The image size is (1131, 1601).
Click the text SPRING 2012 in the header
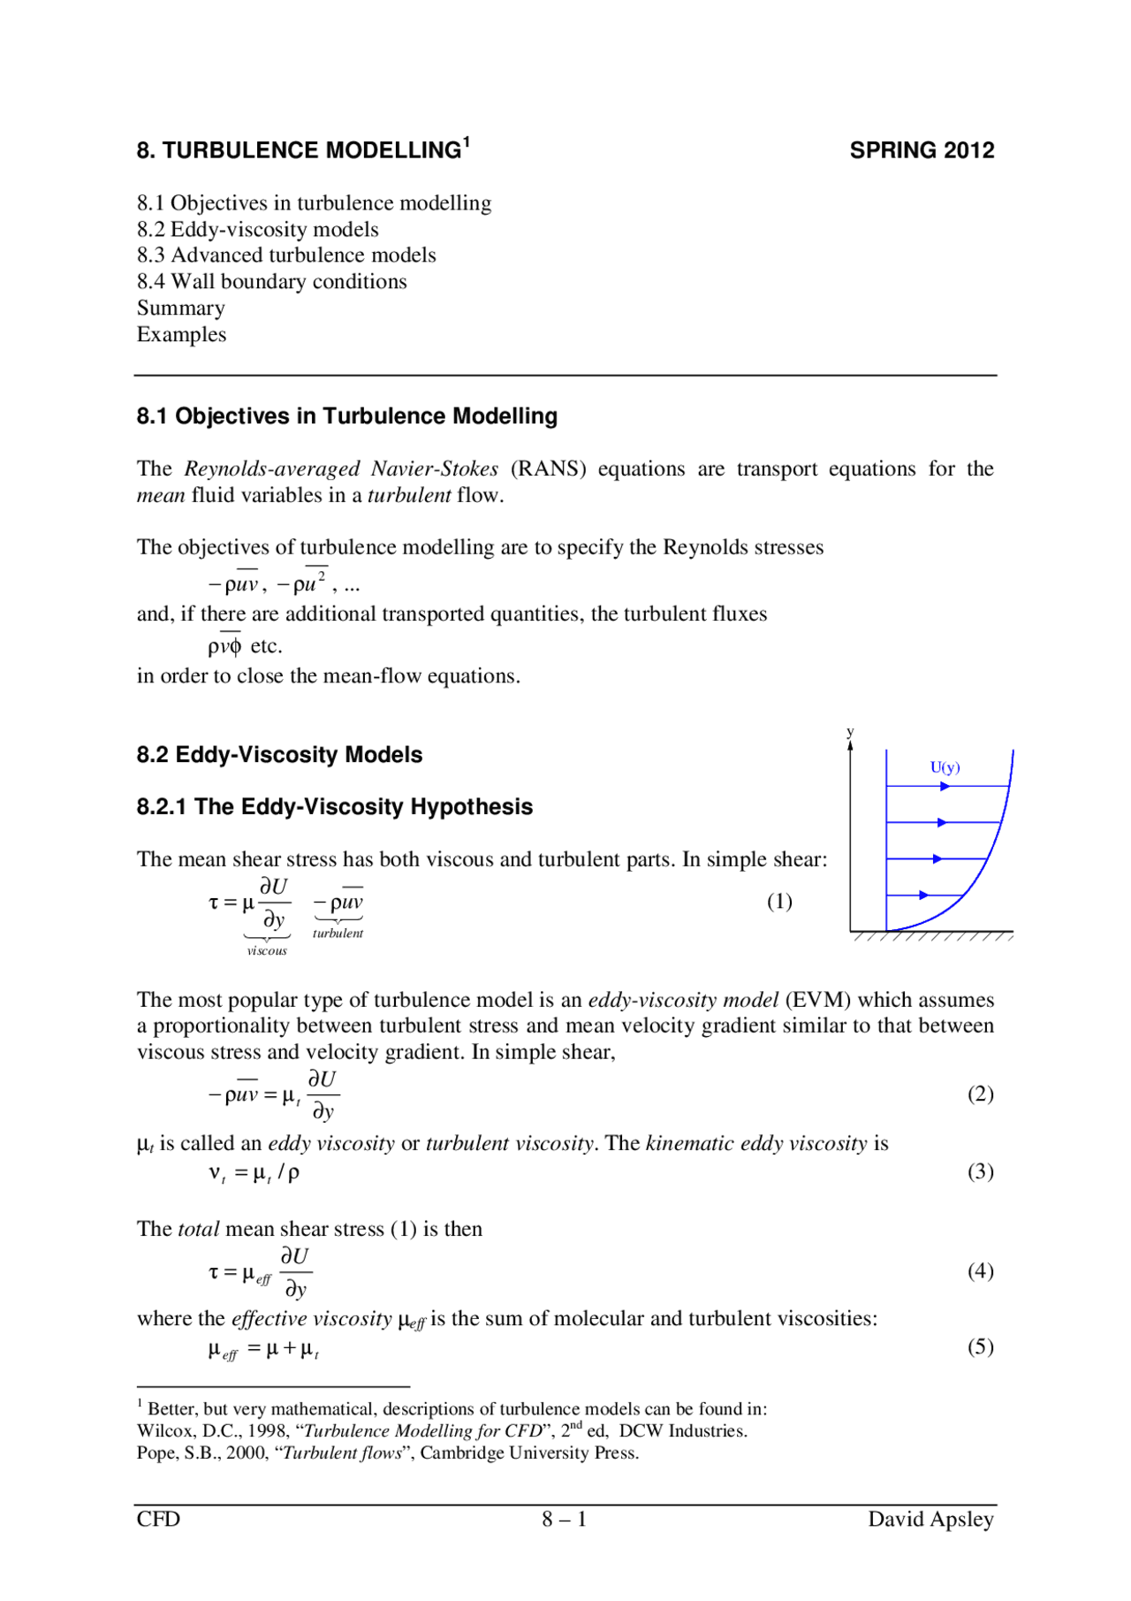(x=922, y=150)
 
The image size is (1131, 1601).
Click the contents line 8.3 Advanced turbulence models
(x=286, y=255)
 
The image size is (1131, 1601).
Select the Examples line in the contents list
(x=181, y=335)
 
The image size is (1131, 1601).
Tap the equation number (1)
(x=778, y=901)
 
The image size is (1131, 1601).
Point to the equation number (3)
(x=980, y=1171)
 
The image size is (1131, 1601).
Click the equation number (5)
(x=980, y=1346)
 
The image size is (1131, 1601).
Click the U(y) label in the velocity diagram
(x=945, y=767)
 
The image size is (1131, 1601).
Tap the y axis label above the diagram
(x=850, y=732)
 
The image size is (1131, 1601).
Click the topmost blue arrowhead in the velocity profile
(x=945, y=786)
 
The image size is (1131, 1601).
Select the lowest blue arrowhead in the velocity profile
(x=923, y=896)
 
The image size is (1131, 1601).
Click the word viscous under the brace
(x=267, y=951)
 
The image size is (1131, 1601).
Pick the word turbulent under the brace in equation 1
(x=338, y=934)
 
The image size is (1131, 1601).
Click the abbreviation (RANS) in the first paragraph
(x=548, y=469)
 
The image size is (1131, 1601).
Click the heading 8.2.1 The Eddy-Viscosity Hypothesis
(x=334, y=807)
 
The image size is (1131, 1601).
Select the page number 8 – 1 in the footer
(x=565, y=1520)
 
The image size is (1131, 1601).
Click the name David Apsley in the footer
(x=930, y=1520)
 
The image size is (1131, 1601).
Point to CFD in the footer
(x=158, y=1520)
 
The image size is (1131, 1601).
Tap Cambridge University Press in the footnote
(x=528, y=1453)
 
